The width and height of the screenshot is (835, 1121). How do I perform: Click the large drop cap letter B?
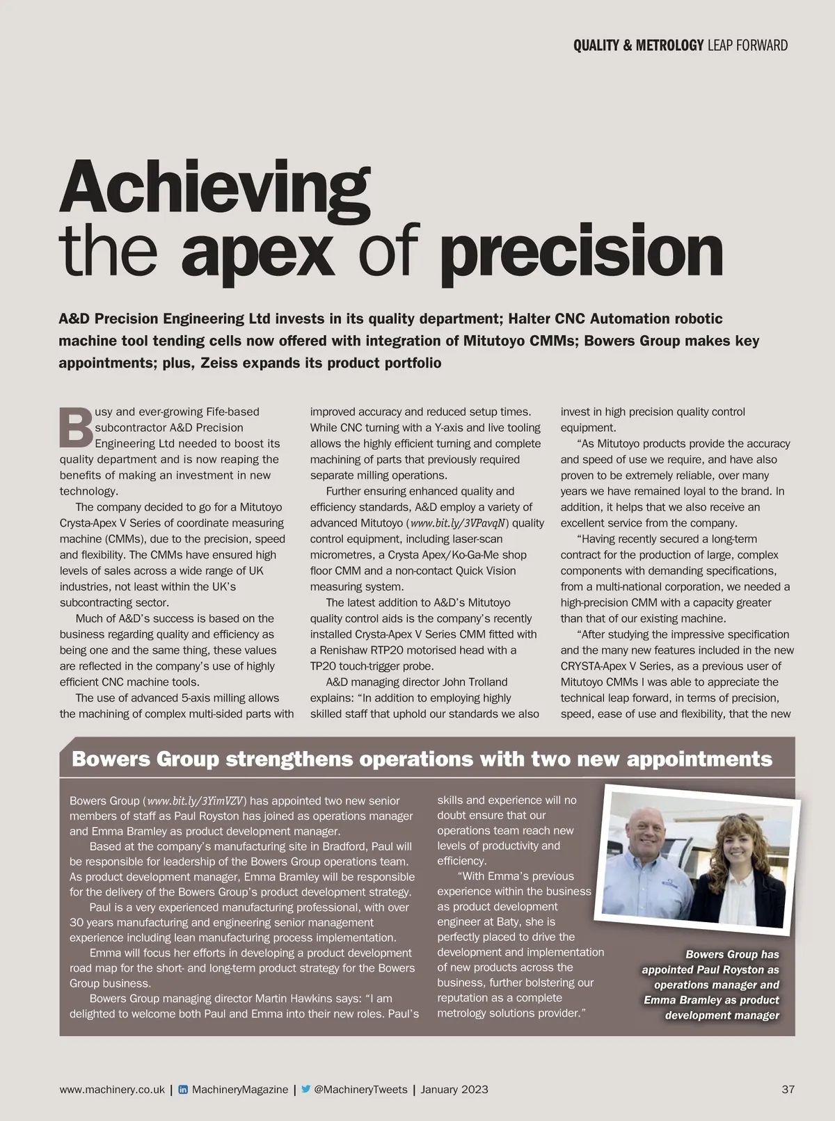click(x=75, y=428)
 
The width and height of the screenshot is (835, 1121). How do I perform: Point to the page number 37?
click(x=788, y=1090)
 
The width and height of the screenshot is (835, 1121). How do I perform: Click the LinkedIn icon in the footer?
click(x=183, y=1090)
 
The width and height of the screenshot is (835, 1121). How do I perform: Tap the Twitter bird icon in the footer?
click(x=305, y=1090)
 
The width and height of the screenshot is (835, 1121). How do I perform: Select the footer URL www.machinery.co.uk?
click(x=112, y=1090)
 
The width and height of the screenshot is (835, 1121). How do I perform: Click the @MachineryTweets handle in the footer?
click(x=360, y=1090)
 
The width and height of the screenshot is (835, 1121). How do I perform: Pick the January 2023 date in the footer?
click(x=454, y=1090)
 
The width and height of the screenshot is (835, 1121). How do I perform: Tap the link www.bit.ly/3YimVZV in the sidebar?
click(x=196, y=801)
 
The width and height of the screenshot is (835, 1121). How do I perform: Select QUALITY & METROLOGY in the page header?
click(x=638, y=46)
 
